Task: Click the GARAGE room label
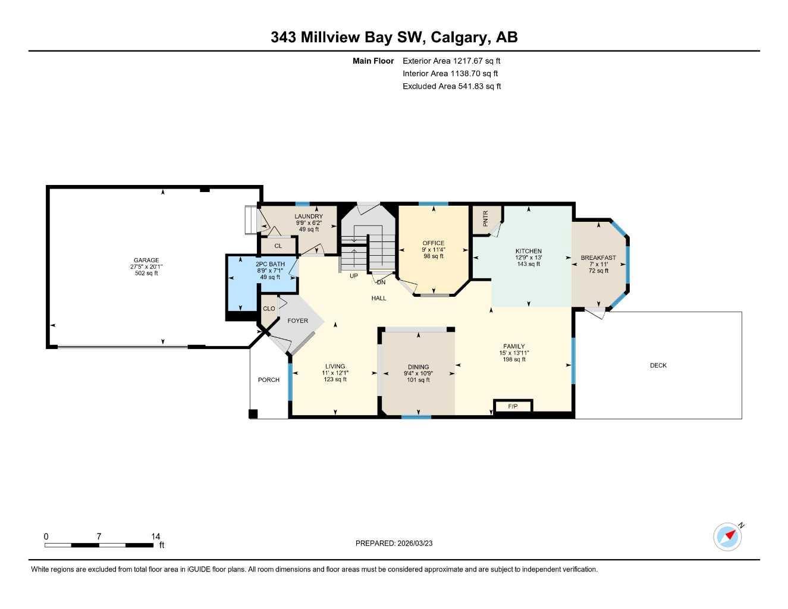coord(146,260)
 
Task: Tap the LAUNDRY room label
coord(309,216)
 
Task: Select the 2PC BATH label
coord(270,264)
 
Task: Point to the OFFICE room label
coord(433,243)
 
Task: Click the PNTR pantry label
coord(485,218)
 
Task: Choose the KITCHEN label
coord(528,251)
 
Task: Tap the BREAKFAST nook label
coord(598,258)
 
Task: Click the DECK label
coord(658,365)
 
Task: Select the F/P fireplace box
coord(513,406)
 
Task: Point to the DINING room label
coord(418,367)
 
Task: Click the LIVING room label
coord(335,366)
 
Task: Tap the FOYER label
coord(298,321)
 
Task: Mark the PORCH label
coord(268,379)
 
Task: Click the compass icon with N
coord(728,536)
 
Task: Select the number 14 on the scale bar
coord(155,536)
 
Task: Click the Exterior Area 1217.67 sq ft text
coord(451,61)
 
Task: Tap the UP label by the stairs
coord(354,276)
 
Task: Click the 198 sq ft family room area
coord(514,359)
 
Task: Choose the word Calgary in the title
coord(459,37)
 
